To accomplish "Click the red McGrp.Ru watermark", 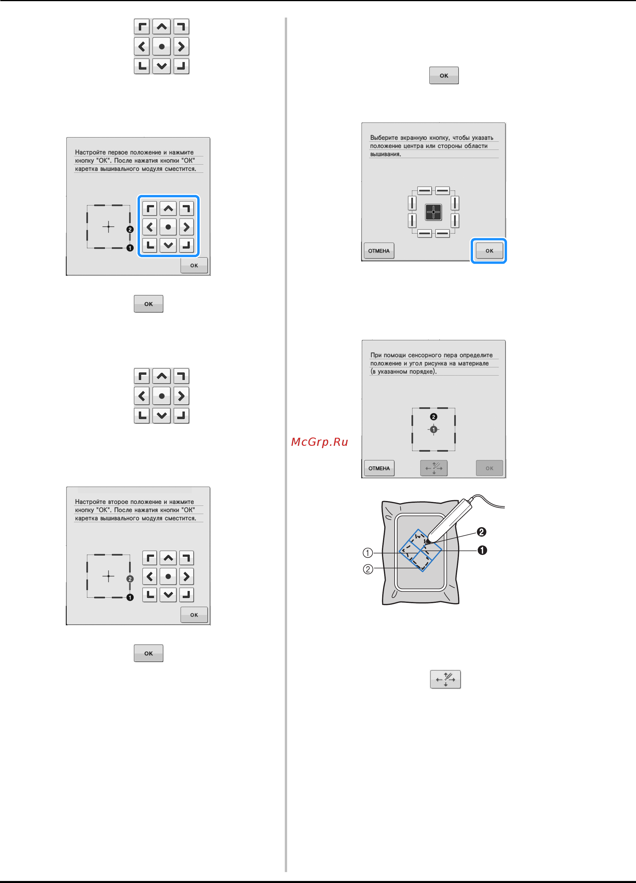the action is [x=319, y=442].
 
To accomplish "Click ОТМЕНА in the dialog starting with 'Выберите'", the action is [x=379, y=251].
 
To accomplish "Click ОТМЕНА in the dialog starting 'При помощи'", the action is [x=379, y=468].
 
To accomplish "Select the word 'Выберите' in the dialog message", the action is [x=384, y=138].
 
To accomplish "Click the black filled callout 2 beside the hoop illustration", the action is [x=482, y=532].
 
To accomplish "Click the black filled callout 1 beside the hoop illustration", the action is [x=482, y=550].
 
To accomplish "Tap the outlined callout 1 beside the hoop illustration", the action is [x=368, y=553].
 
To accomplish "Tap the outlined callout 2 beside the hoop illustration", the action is [x=368, y=569].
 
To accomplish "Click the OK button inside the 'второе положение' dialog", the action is [x=194, y=615].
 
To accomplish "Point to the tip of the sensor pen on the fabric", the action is [x=427, y=542].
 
